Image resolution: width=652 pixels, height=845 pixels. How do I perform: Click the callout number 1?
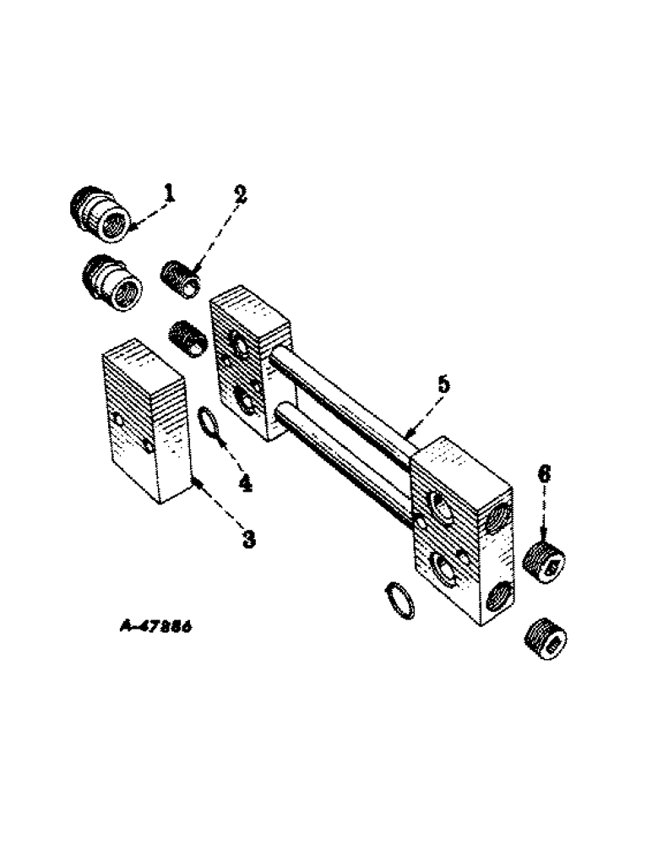click(170, 194)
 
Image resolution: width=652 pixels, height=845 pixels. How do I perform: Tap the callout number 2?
click(241, 194)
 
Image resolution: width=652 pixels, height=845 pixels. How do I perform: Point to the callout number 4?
click(245, 482)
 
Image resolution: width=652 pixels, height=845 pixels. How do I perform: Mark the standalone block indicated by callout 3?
click(144, 422)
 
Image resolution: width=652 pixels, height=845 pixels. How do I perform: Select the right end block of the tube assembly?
click(460, 532)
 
